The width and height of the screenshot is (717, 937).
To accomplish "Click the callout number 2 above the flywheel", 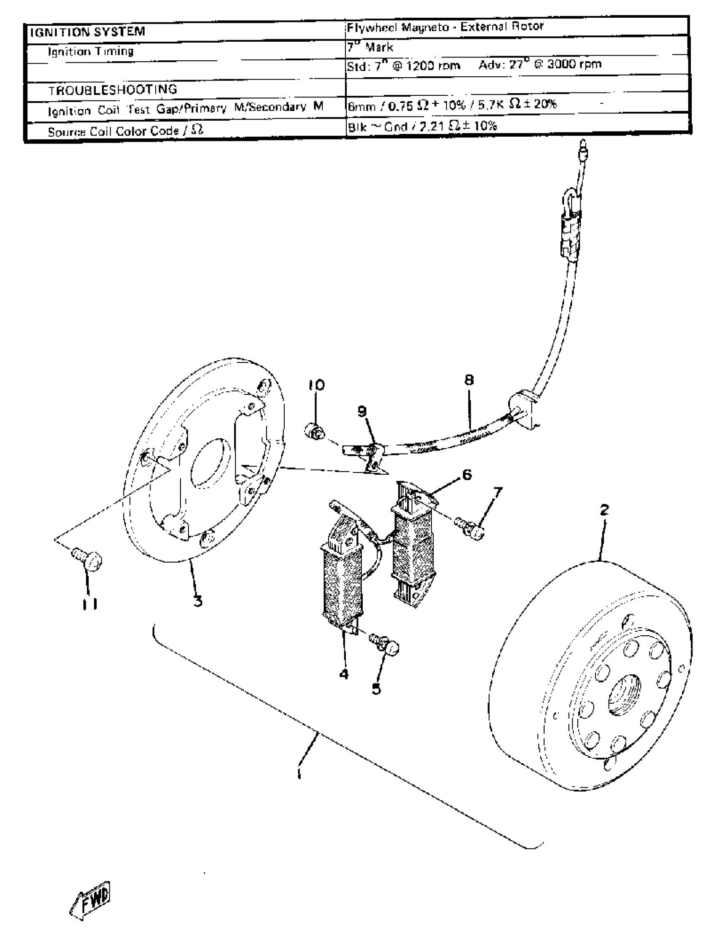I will [604, 509].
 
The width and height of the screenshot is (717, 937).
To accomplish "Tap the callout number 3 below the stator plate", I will [198, 602].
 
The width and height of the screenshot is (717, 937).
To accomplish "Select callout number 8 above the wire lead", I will [469, 380].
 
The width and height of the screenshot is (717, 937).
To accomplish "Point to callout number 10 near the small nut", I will [316, 385].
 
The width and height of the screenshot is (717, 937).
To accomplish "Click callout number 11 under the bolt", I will [91, 604].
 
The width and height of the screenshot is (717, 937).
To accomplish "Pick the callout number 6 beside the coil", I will [467, 474].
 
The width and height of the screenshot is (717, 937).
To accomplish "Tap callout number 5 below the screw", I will [376, 689].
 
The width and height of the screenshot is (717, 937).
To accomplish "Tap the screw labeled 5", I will [386, 644].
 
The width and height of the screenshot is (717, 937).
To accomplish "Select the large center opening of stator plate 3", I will [210, 463].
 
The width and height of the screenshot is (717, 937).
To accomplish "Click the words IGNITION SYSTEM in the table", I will [87, 32].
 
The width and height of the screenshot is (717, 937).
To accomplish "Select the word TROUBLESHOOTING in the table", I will [113, 89].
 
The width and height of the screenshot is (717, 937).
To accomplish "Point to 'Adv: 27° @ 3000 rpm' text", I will [539, 65].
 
